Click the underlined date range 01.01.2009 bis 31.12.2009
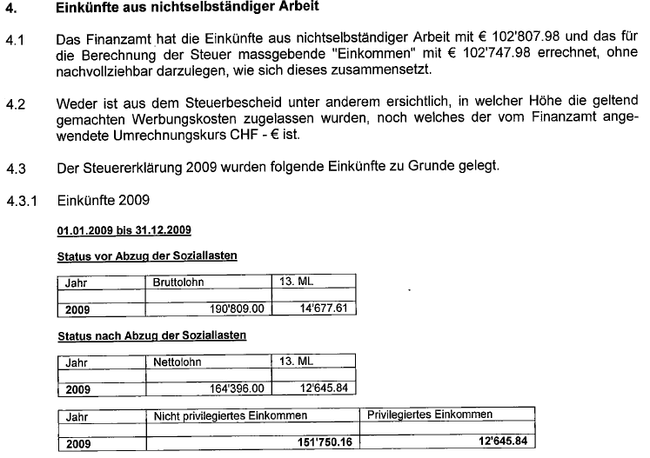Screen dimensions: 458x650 pyautogui.click(x=124, y=231)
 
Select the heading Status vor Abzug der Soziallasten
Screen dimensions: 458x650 pyautogui.click(x=147, y=257)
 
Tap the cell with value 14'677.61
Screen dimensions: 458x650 pyautogui.click(x=324, y=308)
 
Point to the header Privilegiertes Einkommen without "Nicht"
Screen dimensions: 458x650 pyautogui.click(x=430, y=415)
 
